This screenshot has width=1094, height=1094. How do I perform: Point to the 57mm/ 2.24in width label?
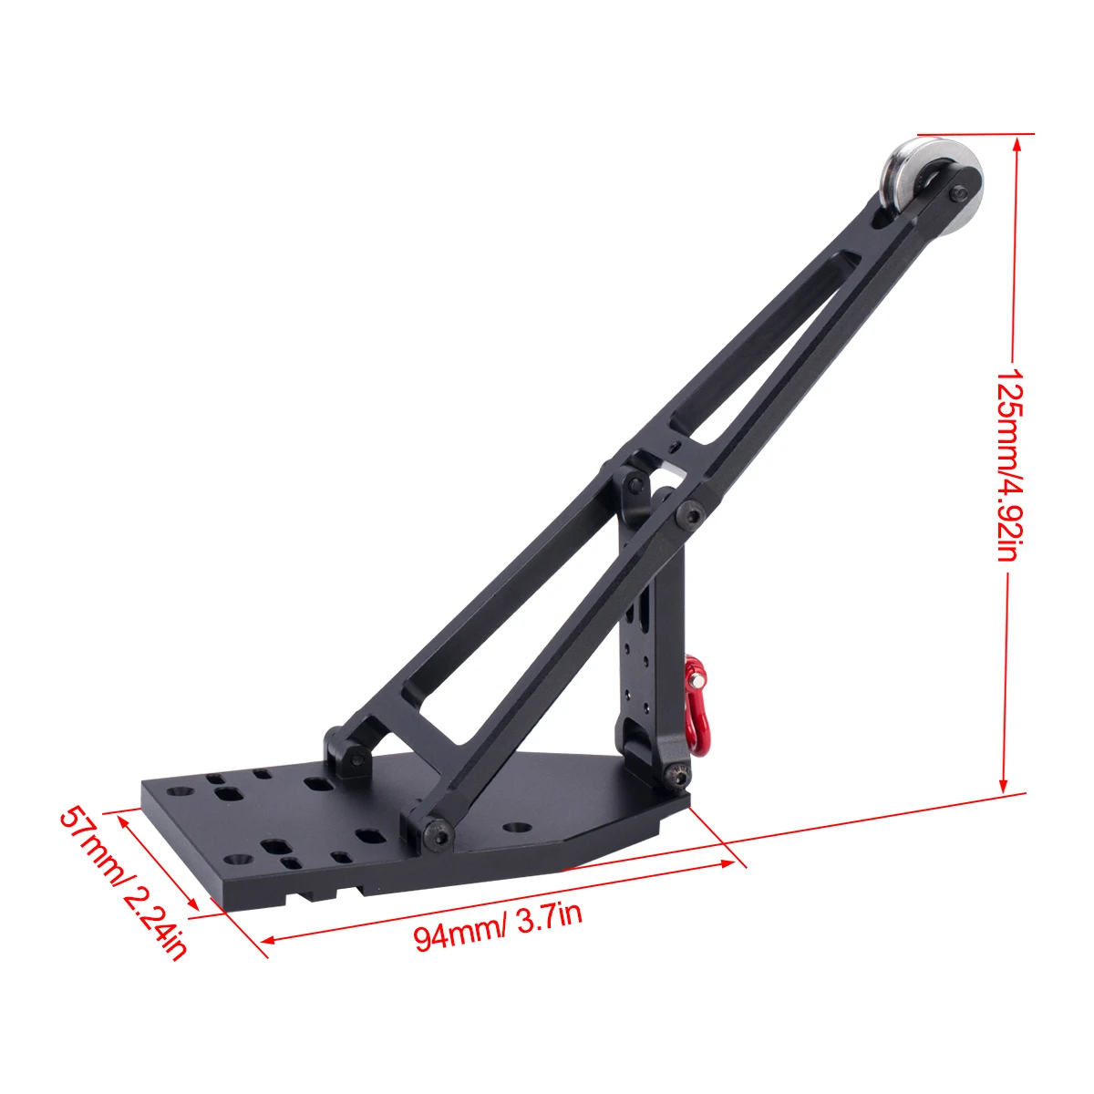(123, 881)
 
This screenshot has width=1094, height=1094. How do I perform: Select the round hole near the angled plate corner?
(518, 827)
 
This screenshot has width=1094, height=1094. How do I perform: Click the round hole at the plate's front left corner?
(239, 859)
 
